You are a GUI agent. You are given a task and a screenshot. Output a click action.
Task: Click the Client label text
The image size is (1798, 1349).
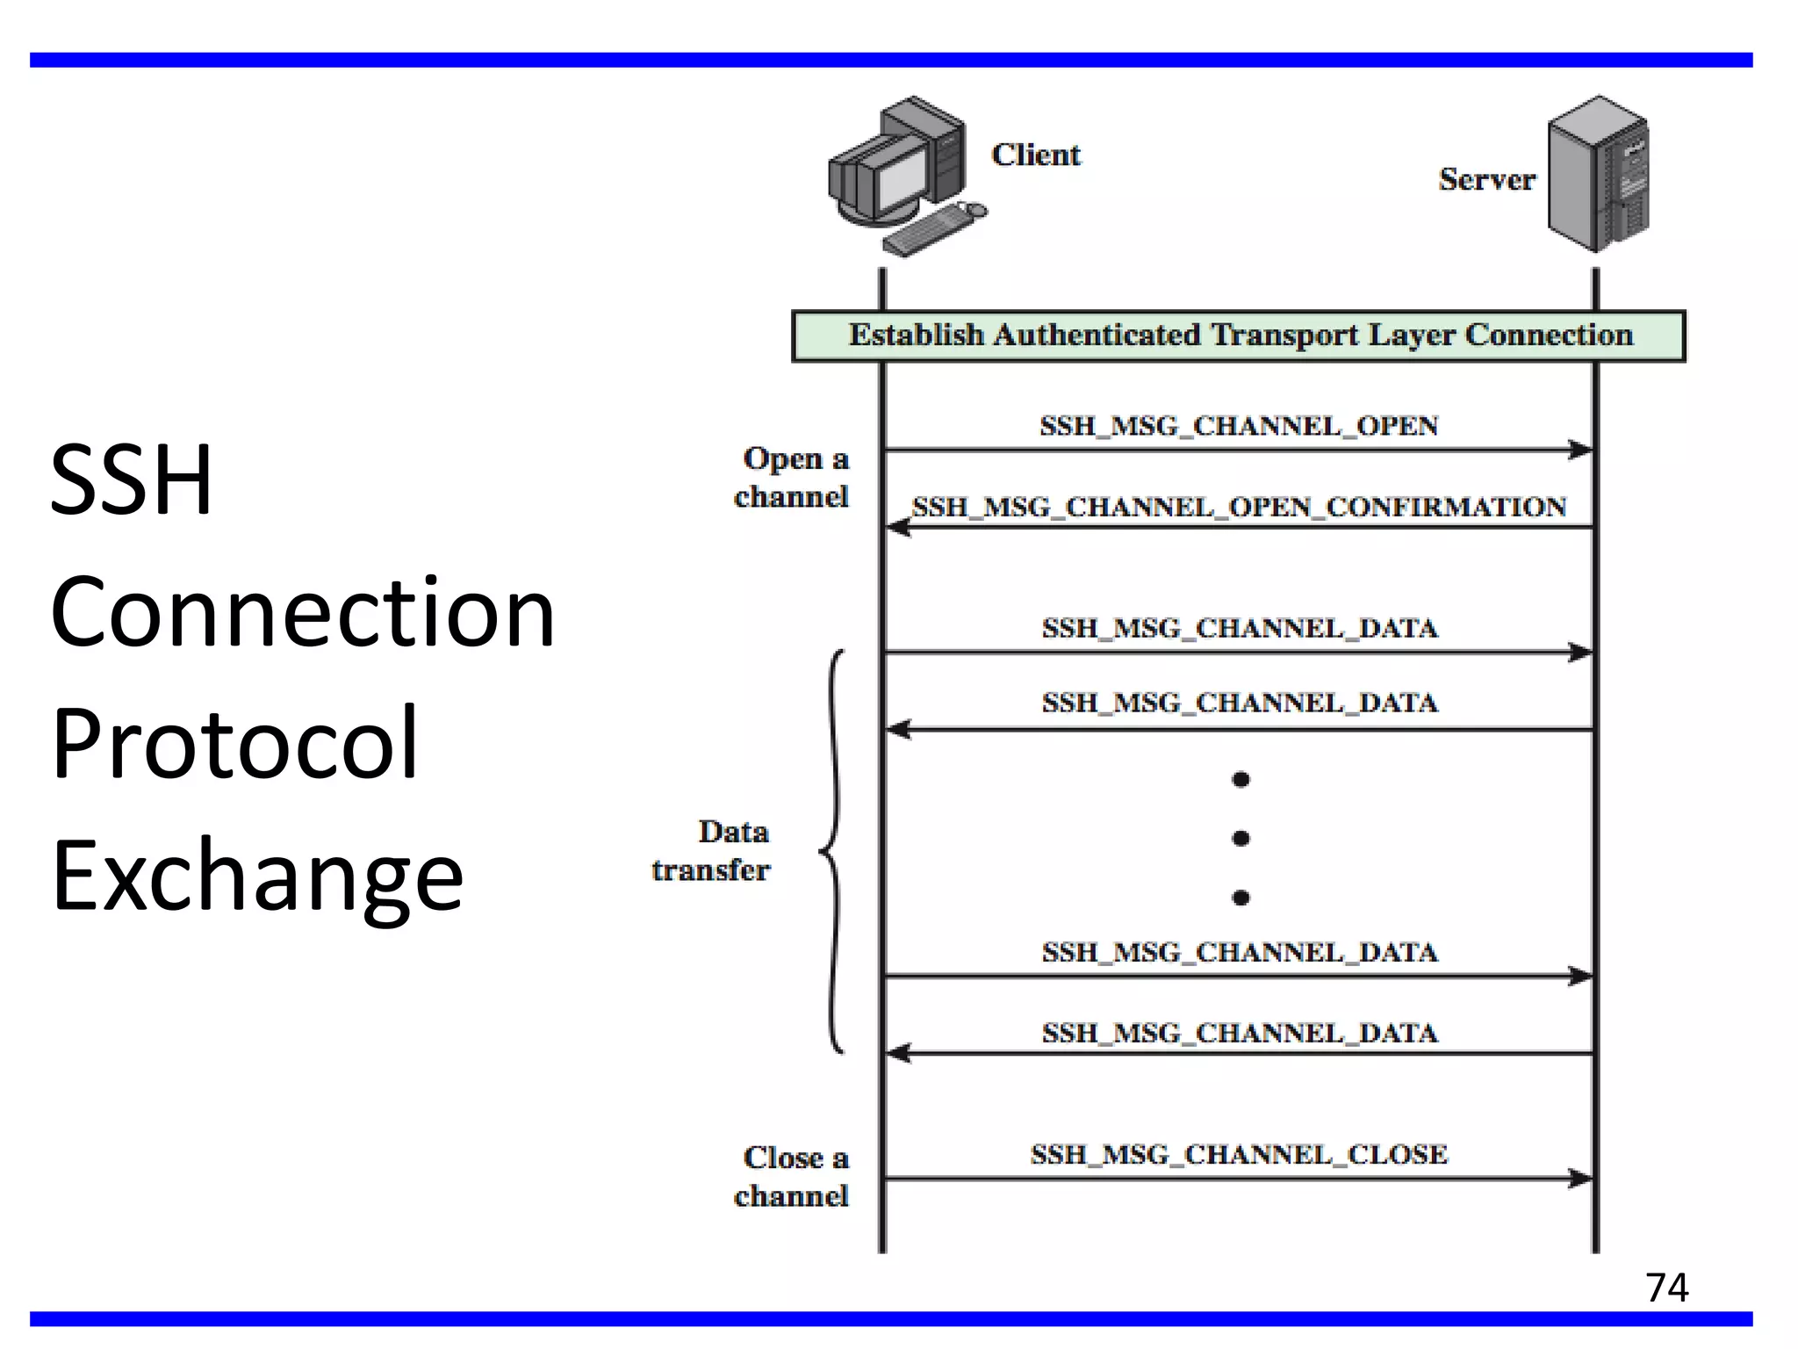pos(1035,155)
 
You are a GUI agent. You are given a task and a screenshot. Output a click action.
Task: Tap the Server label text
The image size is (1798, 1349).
pos(1486,179)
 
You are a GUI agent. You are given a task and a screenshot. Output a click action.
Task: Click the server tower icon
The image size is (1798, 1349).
pos(1597,174)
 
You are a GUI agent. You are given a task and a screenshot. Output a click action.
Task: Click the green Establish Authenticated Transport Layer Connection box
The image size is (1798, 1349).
pos(1238,335)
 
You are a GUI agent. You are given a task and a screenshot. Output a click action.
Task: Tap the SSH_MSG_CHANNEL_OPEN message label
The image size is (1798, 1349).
pos(1238,426)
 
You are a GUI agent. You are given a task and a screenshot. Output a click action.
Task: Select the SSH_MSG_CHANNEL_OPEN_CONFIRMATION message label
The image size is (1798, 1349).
pos(1238,507)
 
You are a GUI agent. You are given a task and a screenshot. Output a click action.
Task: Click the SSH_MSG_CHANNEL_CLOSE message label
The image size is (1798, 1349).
pos(1238,1154)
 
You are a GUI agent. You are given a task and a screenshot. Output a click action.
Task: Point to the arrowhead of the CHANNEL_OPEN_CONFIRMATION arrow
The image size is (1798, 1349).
pos(897,527)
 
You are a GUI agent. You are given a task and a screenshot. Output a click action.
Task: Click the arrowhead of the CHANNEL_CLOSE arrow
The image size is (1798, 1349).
pos(1581,1178)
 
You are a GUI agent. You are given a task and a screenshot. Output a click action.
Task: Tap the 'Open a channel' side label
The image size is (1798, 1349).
pos(792,477)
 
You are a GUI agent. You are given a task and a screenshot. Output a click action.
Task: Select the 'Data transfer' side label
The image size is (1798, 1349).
pos(711,850)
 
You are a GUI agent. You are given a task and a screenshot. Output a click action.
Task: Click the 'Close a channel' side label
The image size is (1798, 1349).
pos(792,1176)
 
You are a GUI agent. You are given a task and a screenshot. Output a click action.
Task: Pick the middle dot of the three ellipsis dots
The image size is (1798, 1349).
pos(1241,838)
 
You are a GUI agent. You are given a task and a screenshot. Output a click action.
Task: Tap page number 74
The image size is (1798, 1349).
pos(1666,1288)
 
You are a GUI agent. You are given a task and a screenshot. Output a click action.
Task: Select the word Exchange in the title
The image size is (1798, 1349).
pos(256,876)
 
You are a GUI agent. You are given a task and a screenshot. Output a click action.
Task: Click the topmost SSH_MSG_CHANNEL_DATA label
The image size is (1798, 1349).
pos(1239,628)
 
